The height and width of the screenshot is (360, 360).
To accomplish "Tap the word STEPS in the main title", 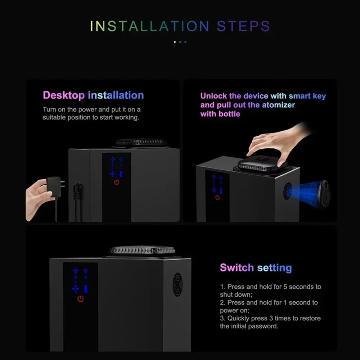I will tap(243, 27).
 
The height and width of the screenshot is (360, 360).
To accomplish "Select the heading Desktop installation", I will tap(93, 95).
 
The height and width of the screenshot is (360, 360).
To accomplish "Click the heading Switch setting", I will tap(256, 268).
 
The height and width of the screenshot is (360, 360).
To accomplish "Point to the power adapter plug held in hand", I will tap(54, 186).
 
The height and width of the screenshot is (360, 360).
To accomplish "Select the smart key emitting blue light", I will tap(322, 193).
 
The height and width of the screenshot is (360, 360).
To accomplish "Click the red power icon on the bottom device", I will tap(80, 299).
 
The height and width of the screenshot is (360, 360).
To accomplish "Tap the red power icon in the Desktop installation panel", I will tap(116, 182).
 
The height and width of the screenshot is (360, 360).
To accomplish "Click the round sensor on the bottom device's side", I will tap(177, 284).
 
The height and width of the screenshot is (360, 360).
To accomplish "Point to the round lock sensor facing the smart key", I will tap(287, 191).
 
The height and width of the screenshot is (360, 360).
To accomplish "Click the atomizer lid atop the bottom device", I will tap(142, 251).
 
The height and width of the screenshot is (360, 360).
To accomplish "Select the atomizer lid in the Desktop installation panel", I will tap(141, 143).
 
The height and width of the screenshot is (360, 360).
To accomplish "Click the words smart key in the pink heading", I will tap(307, 96).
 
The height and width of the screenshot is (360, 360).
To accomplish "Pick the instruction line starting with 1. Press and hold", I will tap(270, 287).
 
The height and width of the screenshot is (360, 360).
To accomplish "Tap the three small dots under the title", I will tap(180, 42).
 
